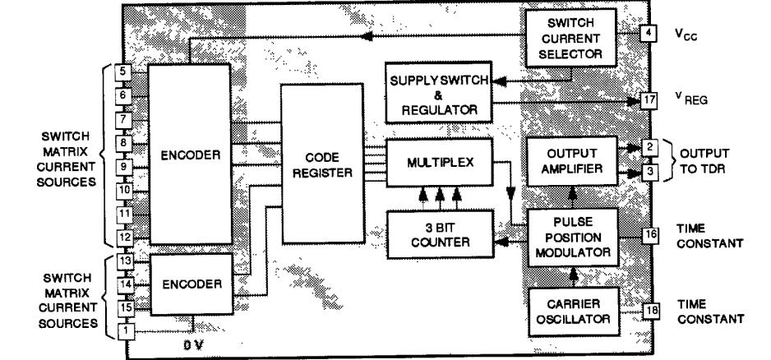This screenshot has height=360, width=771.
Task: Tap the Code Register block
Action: (317, 164)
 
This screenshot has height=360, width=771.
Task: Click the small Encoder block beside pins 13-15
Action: (192, 284)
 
